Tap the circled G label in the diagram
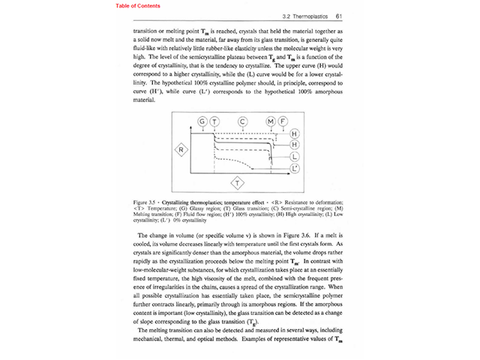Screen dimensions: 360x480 pyautogui.click(x=202, y=121)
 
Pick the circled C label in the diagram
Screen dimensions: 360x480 pyautogui.click(x=242, y=121)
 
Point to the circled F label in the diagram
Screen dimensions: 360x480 pyautogui.click(x=283, y=121)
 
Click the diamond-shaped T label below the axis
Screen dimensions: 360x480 pyautogui.click(x=238, y=183)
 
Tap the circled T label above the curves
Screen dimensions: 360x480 pyautogui.click(x=214, y=121)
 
